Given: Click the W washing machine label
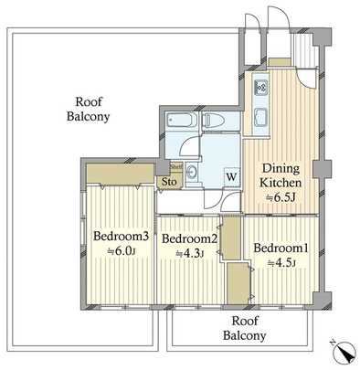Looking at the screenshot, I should pos(231,177).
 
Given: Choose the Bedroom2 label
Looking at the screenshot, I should pos(190,239).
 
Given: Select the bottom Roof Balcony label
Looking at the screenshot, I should pos(248,328).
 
